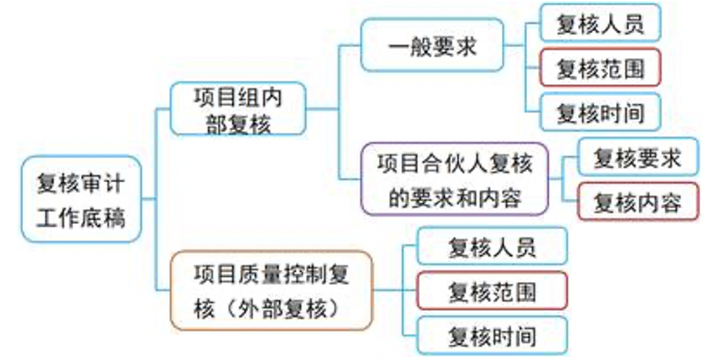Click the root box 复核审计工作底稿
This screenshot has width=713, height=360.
[x=80, y=199]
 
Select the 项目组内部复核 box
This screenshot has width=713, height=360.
[x=237, y=108]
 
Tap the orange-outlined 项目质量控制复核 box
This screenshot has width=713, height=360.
[x=271, y=291]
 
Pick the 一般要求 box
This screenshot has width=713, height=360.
[x=432, y=46]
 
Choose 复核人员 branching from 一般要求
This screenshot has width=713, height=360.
[x=599, y=24]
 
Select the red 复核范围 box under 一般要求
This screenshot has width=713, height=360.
[x=599, y=69]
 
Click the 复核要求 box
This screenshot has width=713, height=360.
[x=637, y=158]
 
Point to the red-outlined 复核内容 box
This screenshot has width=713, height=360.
[x=637, y=202]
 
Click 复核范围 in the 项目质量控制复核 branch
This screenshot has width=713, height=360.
[x=492, y=292]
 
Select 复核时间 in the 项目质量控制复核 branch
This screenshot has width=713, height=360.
[x=492, y=336]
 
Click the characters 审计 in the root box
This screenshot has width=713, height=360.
[x=99, y=183]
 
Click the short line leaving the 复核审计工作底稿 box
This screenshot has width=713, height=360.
[x=147, y=198]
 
